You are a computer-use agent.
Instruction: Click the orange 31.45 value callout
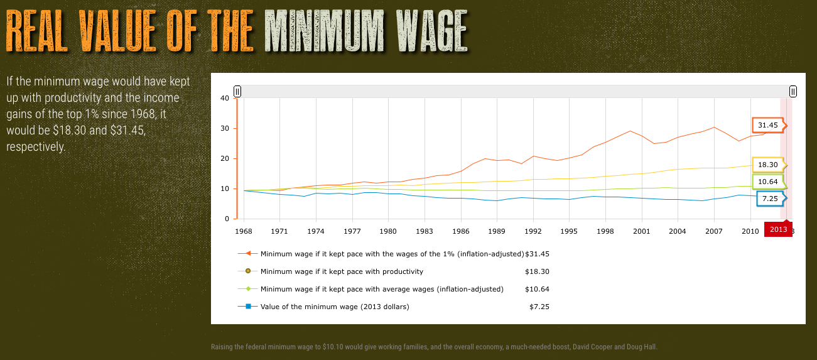(x=767, y=125)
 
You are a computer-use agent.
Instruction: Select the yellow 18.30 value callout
(x=767, y=165)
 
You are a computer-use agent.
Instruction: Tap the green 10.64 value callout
(x=767, y=182)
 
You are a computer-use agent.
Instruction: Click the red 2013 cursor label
(x=778, y=229)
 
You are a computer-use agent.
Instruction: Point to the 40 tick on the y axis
(x=225, y=98)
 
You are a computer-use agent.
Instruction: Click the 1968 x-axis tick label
(x=243, y=231)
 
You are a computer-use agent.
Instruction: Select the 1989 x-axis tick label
(x=497, y=231)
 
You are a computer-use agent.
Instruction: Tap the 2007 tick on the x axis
(x=714, y=231)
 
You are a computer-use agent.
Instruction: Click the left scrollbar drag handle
(x=237, y=92)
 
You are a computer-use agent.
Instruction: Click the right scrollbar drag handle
(x=793, y=92)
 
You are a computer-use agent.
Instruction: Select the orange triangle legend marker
(x=248, y=254)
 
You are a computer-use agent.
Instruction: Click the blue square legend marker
(x=248, y=307)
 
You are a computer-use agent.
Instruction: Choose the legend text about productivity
(x=342, y=271)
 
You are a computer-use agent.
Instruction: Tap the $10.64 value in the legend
(x=537, y=289)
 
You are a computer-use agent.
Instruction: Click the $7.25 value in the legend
(x=539, y=307)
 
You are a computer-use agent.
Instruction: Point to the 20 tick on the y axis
(x=225, y=158)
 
